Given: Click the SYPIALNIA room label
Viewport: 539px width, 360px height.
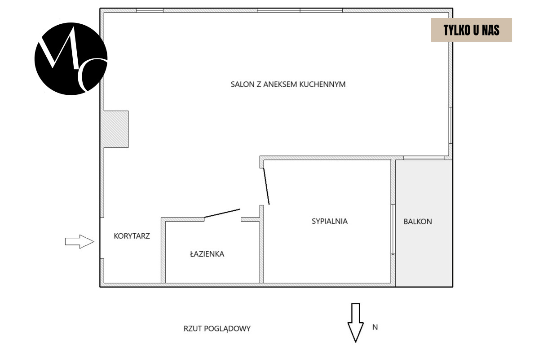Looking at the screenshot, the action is pyautogui.click(x=330, y=221).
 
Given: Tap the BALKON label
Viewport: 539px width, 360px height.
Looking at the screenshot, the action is pyautogui.click(x=418, y=222).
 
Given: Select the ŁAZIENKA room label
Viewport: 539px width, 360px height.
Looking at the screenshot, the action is pyautogui.click(x=207, y=253).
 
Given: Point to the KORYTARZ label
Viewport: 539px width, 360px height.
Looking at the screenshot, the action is pyautogui.click(x=132, y=236).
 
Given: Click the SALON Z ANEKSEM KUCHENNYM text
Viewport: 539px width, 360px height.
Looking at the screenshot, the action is pyautogui.click(x=288, y=84).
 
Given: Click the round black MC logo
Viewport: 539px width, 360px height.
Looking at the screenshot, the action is pyautogui.click(x=71, y=59).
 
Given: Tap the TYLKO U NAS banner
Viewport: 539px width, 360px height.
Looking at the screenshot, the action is pyautogui.click(x=471, y=30).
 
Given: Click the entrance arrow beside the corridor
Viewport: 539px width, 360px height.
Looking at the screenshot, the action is pyautogui.click(x=80, y=241).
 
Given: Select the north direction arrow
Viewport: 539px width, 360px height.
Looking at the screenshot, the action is pyautogui.click(x=356, y=322).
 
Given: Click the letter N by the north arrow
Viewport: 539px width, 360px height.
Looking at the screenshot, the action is pyautogui.click(x=375, y=327).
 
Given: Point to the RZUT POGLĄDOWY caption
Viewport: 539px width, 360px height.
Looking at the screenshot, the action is pyautogui.click(x=217, y=329).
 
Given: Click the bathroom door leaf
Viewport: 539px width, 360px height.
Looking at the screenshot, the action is pyautogui.click(x=222, y=213).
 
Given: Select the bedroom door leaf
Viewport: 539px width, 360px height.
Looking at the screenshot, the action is pyautogui.click(x=266, y=186).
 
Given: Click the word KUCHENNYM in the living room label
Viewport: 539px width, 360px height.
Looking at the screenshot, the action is pyautogui.click(x=323, y=84).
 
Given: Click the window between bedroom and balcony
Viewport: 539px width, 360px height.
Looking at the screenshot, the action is pyautogui.click(x=393, y=230).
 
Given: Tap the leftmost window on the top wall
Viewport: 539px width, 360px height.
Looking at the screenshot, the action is pyautogui.click(x=150, y=10).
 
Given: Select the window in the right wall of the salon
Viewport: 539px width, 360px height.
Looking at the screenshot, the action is pyautogui.click(x=451, y=125).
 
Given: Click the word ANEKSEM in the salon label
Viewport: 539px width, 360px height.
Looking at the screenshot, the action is pyautogui.click(x=280, y=84).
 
